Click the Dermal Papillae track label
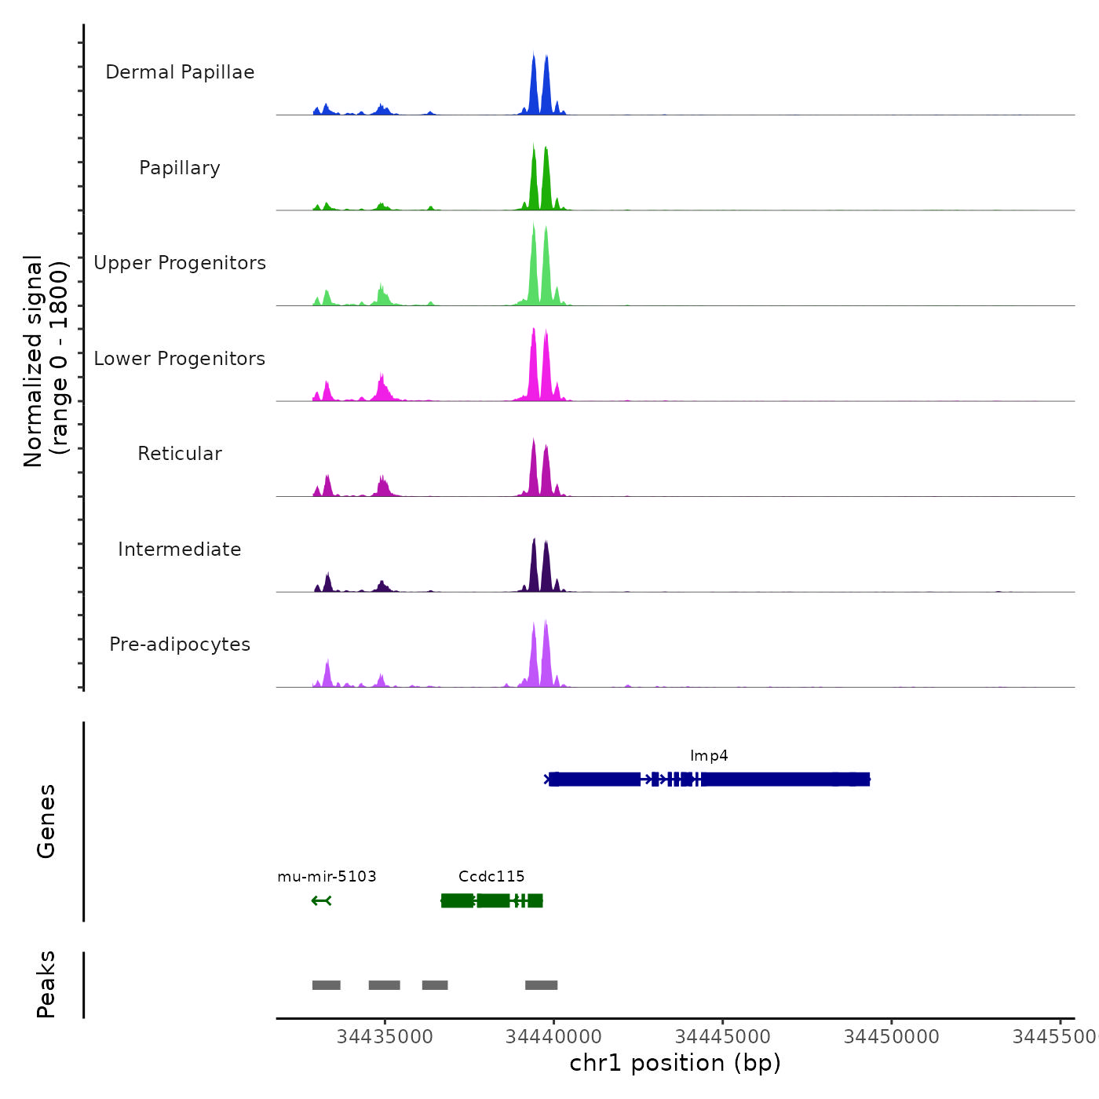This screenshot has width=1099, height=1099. (180, 72)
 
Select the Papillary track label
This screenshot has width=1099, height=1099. (180, 168)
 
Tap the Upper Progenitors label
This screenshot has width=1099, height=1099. (180, 263)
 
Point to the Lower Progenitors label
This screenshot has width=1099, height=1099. (180, 359)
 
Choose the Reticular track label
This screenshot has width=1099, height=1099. (180, 454)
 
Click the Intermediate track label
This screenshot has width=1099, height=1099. (180, 549)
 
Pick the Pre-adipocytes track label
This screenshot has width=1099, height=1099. (180, 644)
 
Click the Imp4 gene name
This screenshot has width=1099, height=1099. (709, 756)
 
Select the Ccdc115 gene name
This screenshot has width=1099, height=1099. (491, 877)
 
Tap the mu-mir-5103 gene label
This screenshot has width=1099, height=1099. (327, 877)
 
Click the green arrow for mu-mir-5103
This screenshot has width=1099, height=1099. (321, 900)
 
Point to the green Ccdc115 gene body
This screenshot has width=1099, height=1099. (491, 900)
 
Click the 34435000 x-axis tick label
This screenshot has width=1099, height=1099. (385, 1037)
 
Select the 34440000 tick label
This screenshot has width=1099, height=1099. (553, 1037)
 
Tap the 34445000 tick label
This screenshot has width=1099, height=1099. (723, 1037)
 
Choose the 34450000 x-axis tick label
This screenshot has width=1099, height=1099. (892, 1037)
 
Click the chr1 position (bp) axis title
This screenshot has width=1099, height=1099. (675, 1064)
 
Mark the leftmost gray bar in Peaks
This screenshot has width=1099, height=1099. (327, 985)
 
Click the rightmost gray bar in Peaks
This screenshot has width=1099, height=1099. (542, 985)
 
